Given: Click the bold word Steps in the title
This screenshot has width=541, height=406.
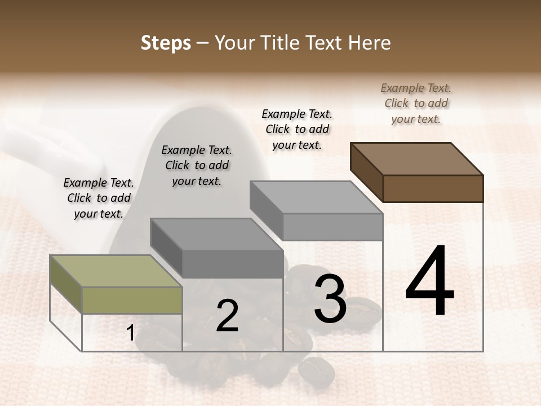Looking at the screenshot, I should [x=166, y=43].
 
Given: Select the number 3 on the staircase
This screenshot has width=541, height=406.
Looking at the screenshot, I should [x=330, y=299].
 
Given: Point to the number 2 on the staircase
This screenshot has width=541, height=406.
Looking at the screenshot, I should [x=227, y=316].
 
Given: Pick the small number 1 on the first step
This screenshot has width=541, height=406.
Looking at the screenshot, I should [x=130, y=333].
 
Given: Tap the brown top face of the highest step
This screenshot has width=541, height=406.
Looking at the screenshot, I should [x=417, y=159].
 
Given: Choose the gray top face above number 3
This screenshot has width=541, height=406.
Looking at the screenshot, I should [x=316, y=197].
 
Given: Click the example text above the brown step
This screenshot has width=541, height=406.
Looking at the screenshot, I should [x=416, y=104].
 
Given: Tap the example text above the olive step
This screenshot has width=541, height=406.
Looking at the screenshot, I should [x=99, y=198].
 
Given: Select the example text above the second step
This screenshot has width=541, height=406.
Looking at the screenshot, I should [x=197, y=166].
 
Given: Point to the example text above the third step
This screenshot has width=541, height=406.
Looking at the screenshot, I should [x=297, y=130].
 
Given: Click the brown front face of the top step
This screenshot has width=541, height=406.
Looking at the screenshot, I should [x=433, y=188].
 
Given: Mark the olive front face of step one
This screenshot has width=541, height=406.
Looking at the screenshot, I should [x=132, y=300].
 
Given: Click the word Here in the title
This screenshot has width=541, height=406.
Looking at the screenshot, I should [x=370, y=43].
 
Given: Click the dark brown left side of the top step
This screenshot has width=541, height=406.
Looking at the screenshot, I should [x=366, y=172].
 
